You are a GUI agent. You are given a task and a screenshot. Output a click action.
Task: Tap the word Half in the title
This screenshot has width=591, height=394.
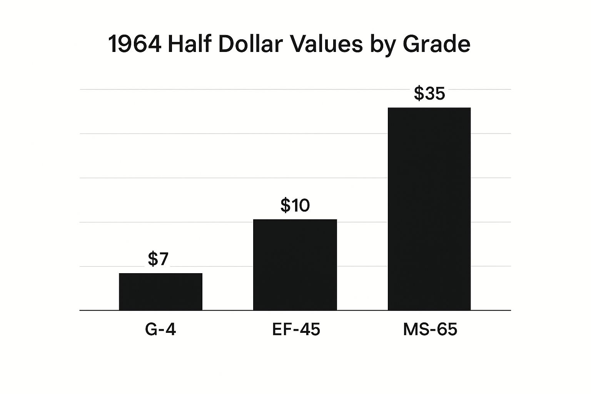[x=189, y=44]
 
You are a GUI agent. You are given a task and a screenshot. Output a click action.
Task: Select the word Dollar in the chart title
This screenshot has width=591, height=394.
[x=251, y=44]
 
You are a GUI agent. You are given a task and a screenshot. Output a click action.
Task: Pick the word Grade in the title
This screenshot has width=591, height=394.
[x=436, y=44]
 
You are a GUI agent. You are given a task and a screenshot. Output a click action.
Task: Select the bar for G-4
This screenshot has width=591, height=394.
[x=160, y=292]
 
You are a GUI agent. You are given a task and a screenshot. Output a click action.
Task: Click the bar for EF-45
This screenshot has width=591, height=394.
[x=295, y=265]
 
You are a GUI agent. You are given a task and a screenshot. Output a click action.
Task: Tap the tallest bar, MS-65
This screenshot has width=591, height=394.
[x=429, y=209]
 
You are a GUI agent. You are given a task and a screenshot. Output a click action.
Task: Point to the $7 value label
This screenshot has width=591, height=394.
[x=158, y=259]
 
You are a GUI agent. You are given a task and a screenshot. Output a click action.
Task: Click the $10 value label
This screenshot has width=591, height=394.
[x=295, y=205]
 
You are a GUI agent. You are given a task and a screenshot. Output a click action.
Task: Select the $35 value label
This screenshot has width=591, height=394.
[x=429, y=93]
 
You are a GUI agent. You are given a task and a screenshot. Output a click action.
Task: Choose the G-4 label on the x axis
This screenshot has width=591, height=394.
[x=160, y=330]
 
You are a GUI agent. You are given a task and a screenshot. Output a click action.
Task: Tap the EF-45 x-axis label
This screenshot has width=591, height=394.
[x=296, y=330]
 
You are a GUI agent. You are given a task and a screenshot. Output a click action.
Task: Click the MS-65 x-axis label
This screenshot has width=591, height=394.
[x=430, y=330]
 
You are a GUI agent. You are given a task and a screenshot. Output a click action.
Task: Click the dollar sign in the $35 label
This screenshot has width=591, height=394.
[x=419, y=93]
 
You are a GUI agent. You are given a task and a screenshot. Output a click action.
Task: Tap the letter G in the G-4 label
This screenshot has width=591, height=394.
[x=151, y=330]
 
